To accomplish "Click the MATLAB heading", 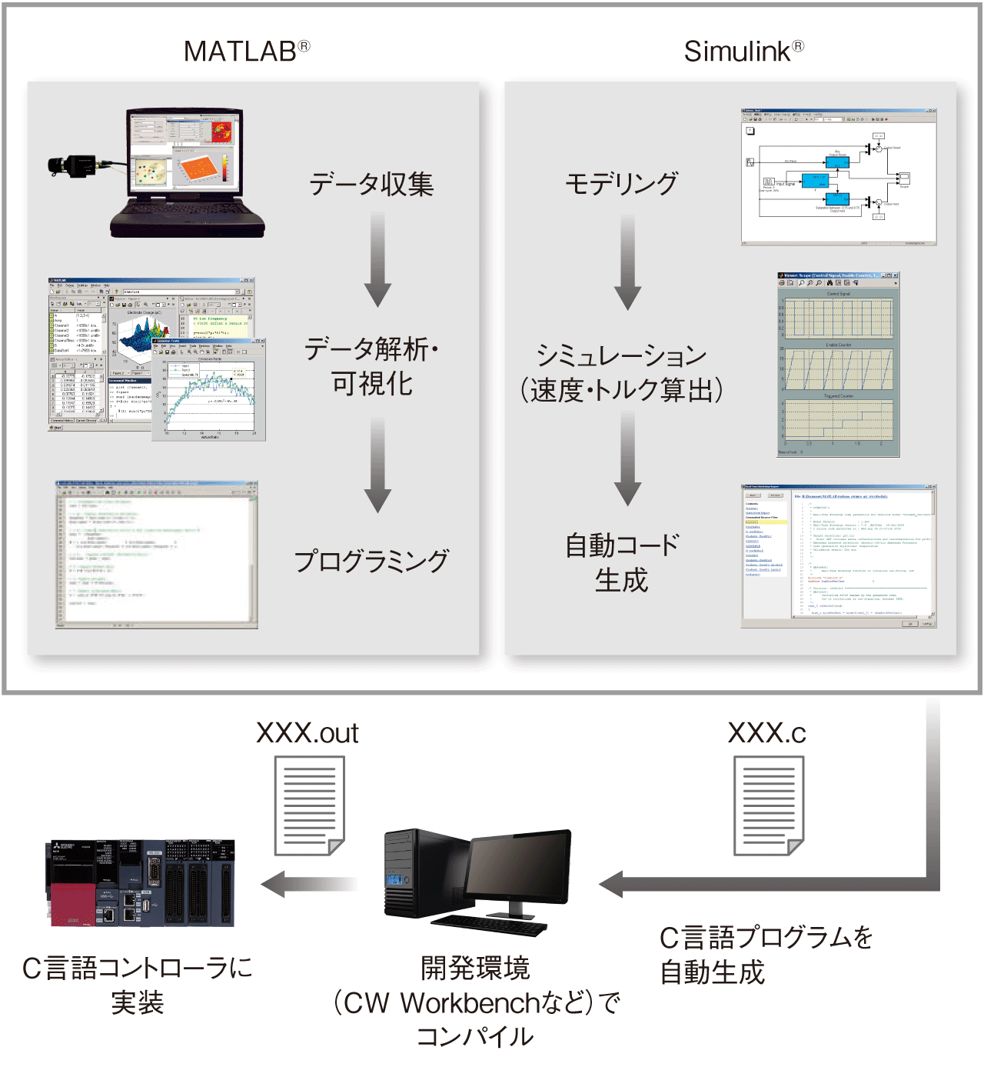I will click(x=246, y=52).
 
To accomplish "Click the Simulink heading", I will click(x=743, y=52).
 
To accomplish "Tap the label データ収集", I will click(x=371, y=185).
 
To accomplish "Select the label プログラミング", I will click(x=371, y=561).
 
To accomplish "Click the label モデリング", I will click(x=621, y=184).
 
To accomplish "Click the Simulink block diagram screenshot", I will click(x=838, y=177).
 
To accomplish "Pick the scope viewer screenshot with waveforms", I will click(x=838, y=365).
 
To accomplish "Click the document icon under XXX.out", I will click(x=310, y=805).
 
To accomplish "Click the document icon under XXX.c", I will click(x=768, y=805).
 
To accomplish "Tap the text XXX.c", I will click(x=766, y=733).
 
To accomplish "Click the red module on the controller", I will click(x=75, y=905).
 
